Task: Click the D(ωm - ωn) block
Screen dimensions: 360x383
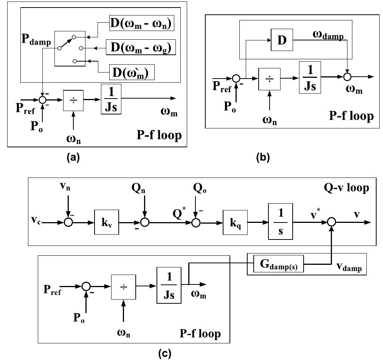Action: tap(140, 25)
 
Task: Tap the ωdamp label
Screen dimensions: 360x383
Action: tap(327, 36)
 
